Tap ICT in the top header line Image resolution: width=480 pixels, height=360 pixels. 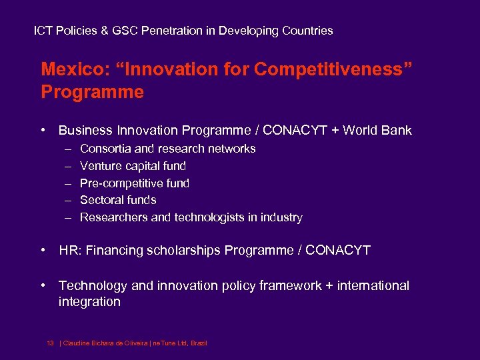43,31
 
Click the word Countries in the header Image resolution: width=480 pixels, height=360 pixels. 307,31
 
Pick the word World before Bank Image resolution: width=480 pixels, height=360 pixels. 361,131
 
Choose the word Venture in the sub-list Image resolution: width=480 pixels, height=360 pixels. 100,166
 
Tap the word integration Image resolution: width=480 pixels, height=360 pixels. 89,302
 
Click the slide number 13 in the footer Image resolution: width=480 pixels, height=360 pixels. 50,343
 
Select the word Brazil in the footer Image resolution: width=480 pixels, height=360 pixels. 199,343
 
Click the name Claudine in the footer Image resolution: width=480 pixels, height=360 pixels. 77,343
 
